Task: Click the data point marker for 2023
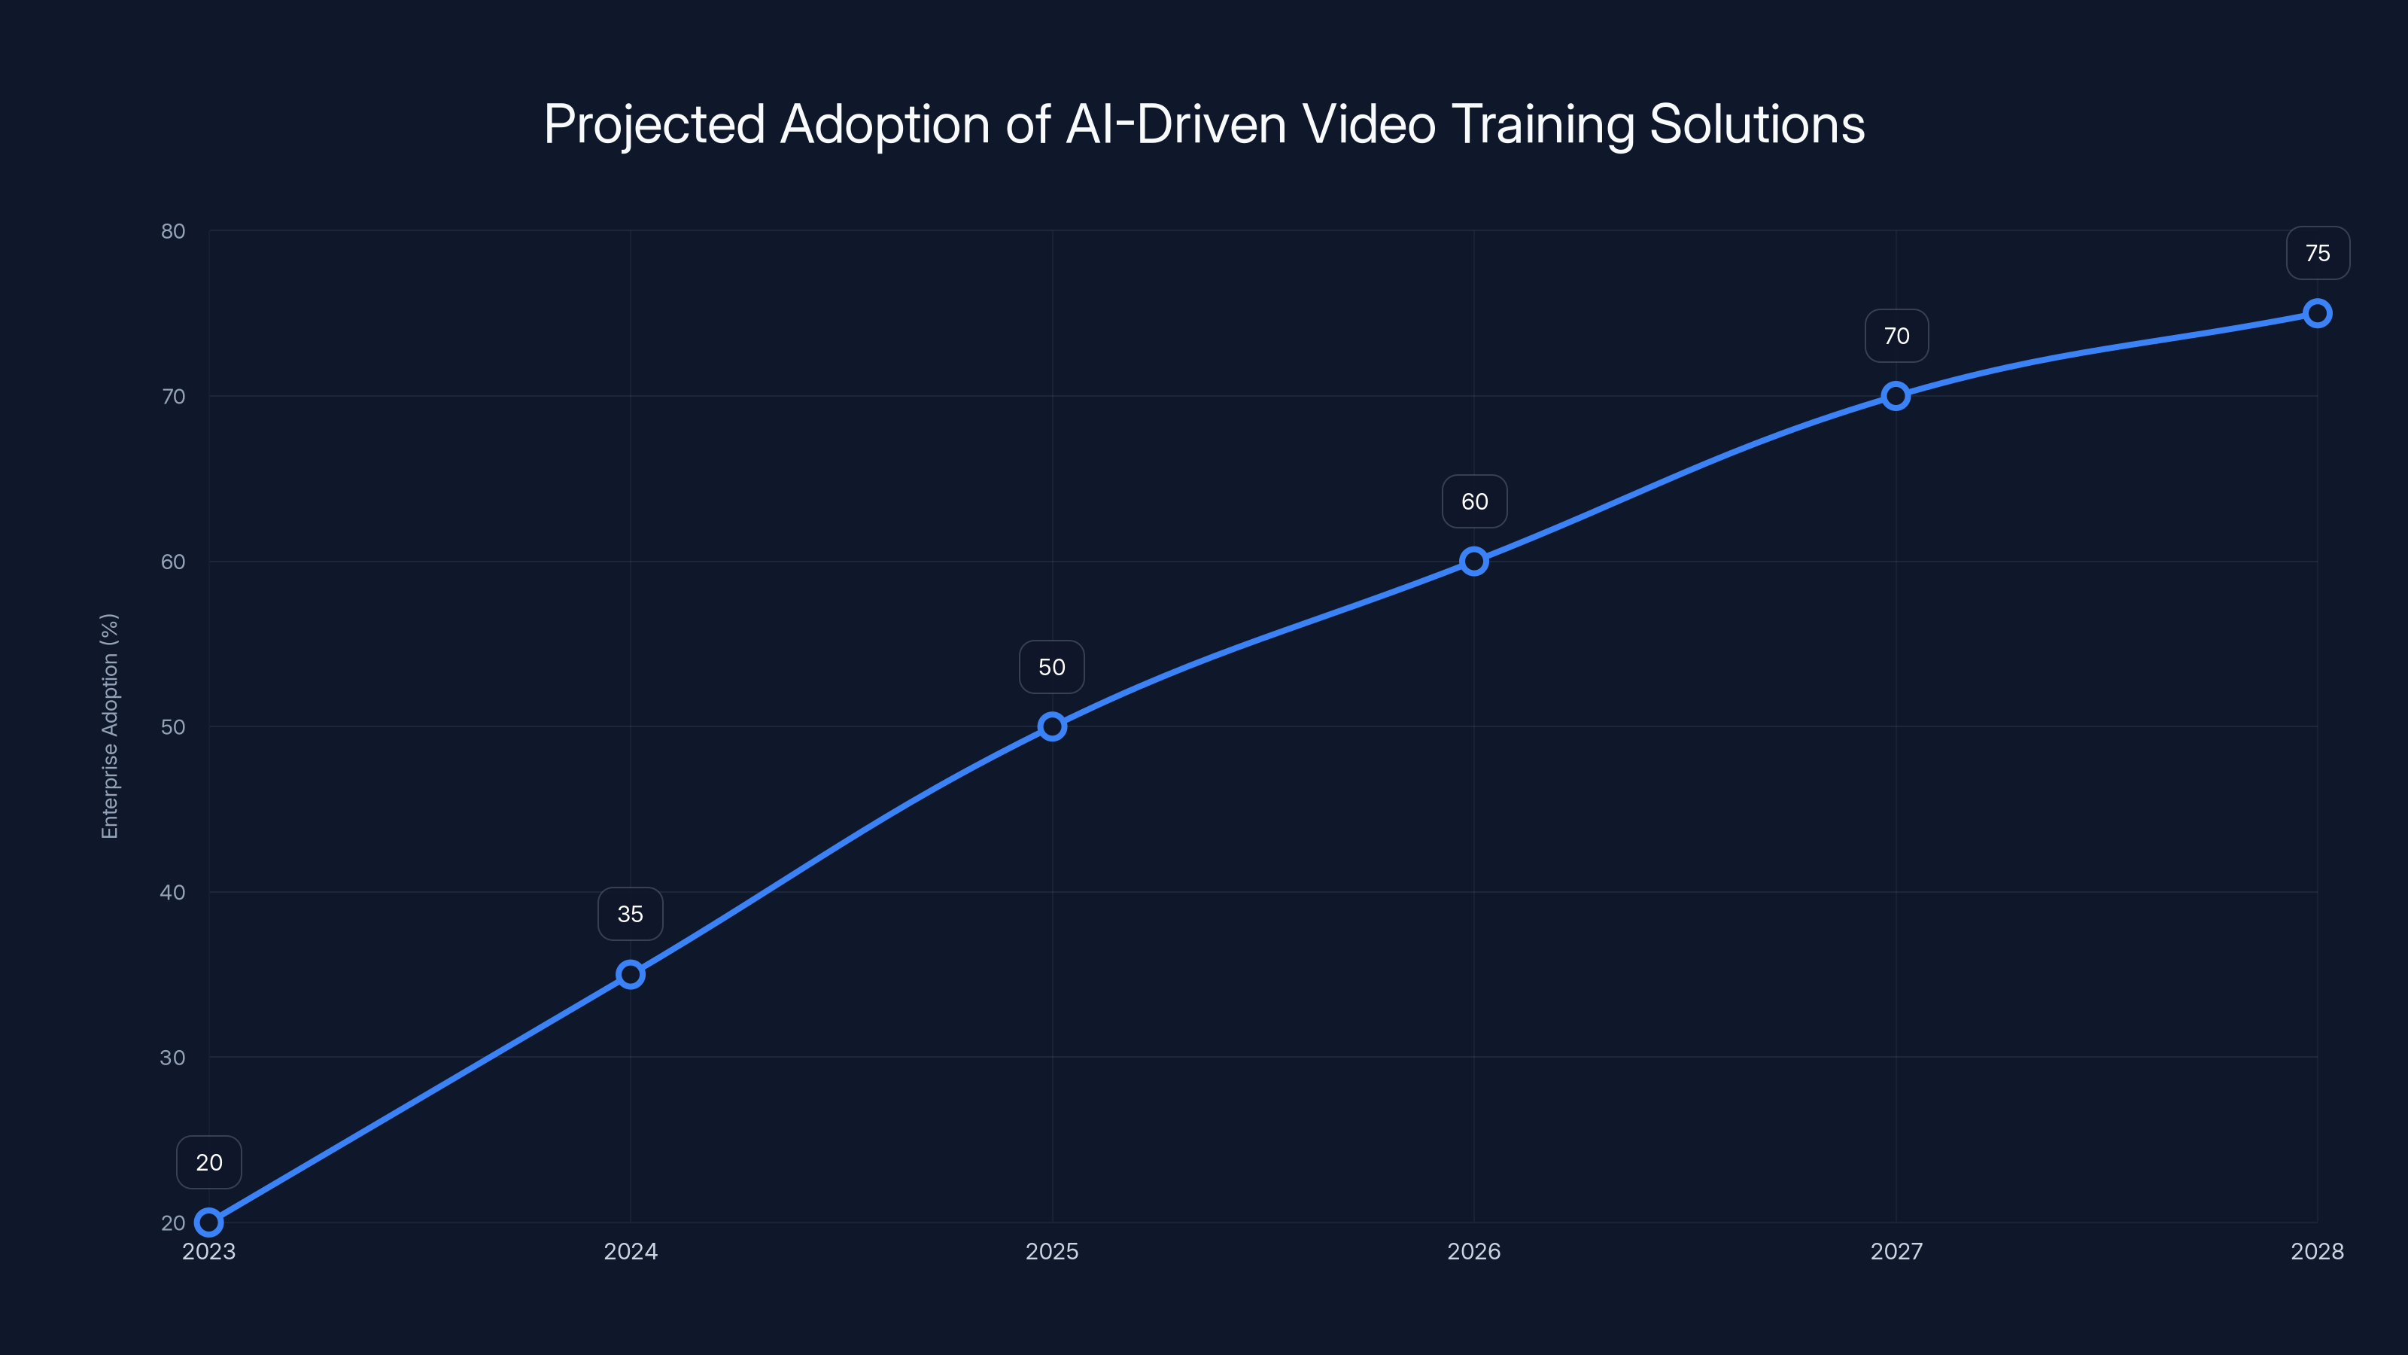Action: pos(208,1223)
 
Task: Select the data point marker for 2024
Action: pos(630,974)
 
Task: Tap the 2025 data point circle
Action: pos(1052,726)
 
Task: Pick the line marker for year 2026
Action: pos(1473,561)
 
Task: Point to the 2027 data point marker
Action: pos(1896,395)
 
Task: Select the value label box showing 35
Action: pos(630,914)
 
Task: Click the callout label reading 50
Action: pos(1052,667)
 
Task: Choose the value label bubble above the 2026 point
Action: pos(1474,501)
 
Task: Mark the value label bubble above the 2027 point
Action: pos(1896,336)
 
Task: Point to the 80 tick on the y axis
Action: pos(173,231)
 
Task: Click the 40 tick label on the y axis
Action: pos(173,892)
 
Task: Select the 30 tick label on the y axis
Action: pos(173,1058)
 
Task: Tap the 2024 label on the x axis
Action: pos(630,1251)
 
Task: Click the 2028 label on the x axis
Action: pos(2316,1251)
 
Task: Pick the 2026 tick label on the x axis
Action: pos(1473,1251)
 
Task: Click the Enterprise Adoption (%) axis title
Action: pos(109,726)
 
